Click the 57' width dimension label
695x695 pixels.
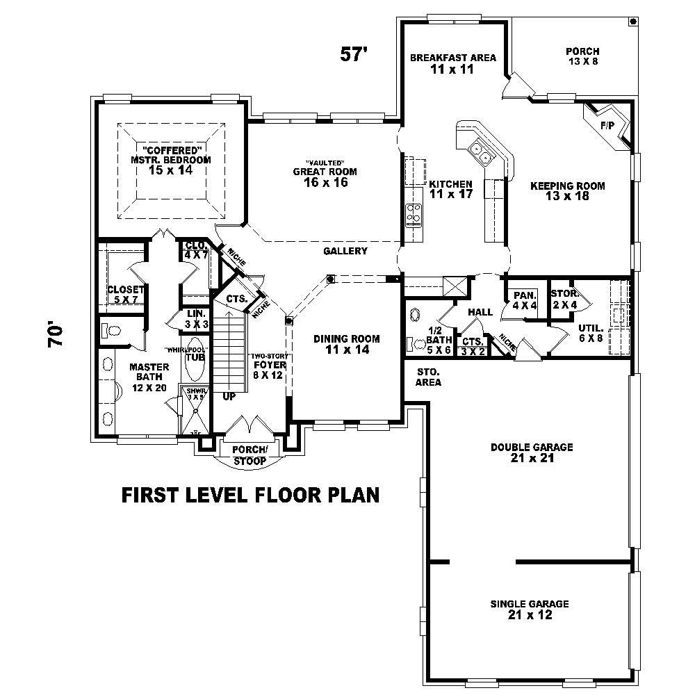(x=353, y=55)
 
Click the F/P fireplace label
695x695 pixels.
(x=607, y=125)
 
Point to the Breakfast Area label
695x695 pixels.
(x=452, y=63)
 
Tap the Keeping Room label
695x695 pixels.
(x=567, y=191)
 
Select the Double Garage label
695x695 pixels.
(x=532, y=452)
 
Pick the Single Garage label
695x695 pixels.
(x=530, y=610)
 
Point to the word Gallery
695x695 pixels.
(x=345, y=251)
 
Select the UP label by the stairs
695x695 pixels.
(x=228, y=397)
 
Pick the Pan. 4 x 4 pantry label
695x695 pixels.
(x=525, y=300)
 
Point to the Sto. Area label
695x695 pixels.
(x=428, y=377)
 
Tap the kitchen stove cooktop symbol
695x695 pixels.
(x=414, y=215)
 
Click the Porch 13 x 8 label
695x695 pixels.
(x=582, y=56)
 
